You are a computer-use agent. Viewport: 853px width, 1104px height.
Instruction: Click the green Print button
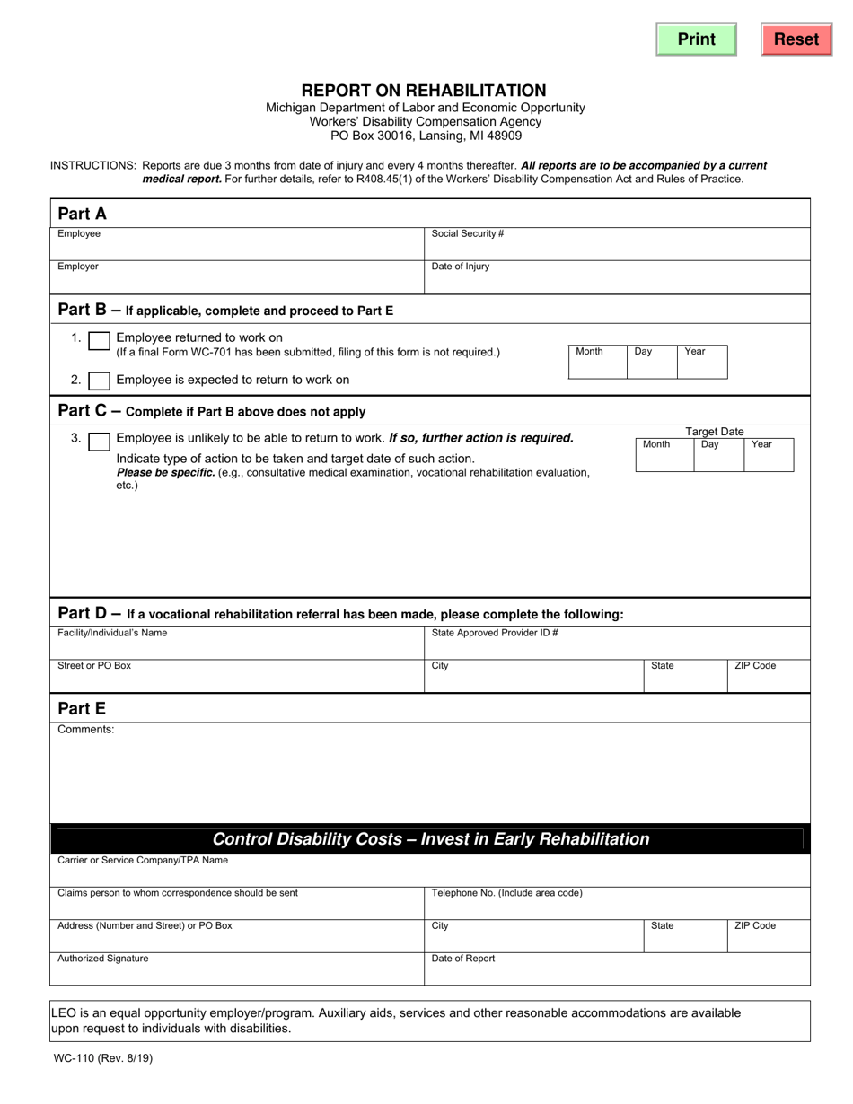point(696,39)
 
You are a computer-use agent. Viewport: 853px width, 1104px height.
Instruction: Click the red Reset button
point(796,39)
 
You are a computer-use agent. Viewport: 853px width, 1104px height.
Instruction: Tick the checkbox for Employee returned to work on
point(100,341)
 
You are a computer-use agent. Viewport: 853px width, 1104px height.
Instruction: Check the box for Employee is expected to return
point(100,381)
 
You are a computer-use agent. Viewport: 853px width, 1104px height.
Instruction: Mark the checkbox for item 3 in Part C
point(100,440)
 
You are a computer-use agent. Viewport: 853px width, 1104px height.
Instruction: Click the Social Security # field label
point(467,234)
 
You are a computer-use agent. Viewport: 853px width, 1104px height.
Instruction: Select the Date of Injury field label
point(461,267)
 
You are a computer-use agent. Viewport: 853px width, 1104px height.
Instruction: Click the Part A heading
point(82,214)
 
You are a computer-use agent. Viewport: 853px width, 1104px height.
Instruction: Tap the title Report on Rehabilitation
point(424,91)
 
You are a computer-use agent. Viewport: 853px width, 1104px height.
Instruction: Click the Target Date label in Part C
point(715,432)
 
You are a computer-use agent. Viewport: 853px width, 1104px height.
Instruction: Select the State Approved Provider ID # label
point(495,633)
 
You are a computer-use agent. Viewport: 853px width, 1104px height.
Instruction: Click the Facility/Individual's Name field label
point(112,633)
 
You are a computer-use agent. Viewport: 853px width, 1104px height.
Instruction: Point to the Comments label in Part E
point(86,730)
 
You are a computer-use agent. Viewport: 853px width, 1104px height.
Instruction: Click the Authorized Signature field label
point(103,959)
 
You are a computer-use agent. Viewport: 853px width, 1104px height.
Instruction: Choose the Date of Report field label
point(463,959)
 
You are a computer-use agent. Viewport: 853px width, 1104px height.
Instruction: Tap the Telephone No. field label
point(506,893)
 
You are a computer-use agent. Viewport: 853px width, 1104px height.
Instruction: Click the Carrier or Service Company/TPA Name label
point(143,861)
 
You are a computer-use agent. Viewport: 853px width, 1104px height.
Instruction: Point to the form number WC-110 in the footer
point(102,1058)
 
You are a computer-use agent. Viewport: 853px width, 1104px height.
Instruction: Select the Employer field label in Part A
point(78,267)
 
